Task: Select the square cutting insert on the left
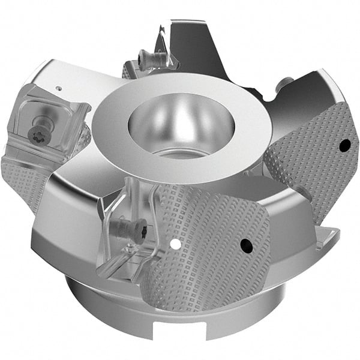48,117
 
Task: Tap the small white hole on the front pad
174,244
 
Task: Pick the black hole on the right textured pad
344,145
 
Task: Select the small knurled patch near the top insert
127,71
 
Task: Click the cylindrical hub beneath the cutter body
120,312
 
